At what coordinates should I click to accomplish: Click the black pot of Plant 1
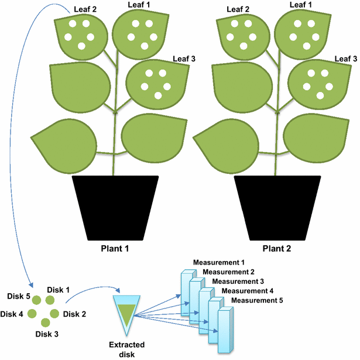pos(115,207)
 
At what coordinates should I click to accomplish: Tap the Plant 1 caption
pos(114,248)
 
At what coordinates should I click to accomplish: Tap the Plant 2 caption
pos(277,248)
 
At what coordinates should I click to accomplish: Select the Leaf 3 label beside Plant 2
pos(345,59)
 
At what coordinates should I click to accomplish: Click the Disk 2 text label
pos(75,314)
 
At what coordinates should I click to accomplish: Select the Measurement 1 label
pos(218,262)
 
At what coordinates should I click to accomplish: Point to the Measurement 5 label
pos(258,300)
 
